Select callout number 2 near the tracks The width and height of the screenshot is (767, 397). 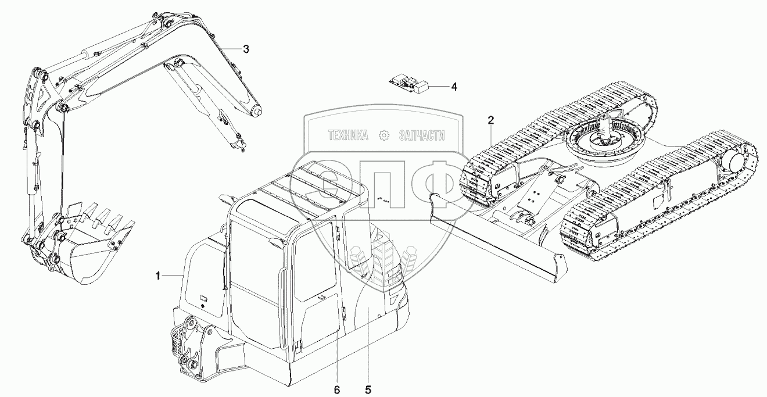coord(491,120)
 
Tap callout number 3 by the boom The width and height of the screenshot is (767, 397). coord(246,49)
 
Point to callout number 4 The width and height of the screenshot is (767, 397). coord(454,87)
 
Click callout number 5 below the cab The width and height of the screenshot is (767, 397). coord(368,388)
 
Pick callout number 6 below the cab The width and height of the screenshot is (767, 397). coord(337,388)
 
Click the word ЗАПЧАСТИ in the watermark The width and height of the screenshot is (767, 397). coord(421,135)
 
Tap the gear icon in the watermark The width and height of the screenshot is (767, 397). coord(383,135)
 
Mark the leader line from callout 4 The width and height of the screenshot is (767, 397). coord(439,87)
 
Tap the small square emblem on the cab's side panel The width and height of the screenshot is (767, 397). coord(203,300)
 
